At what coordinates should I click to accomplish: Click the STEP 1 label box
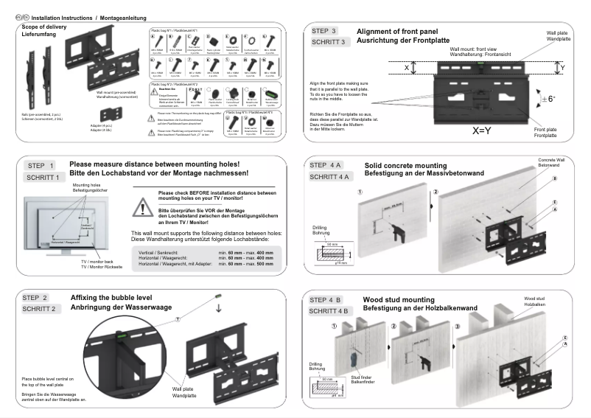tap(41, 166)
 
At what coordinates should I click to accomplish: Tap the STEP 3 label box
tap(326, 31)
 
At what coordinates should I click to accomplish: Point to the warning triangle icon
tap(142, 208)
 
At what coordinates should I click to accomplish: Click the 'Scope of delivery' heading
tap(44, 27)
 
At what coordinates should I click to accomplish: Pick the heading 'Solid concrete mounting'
tap(406, 165)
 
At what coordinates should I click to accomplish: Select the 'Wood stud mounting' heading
tap(399, 299)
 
